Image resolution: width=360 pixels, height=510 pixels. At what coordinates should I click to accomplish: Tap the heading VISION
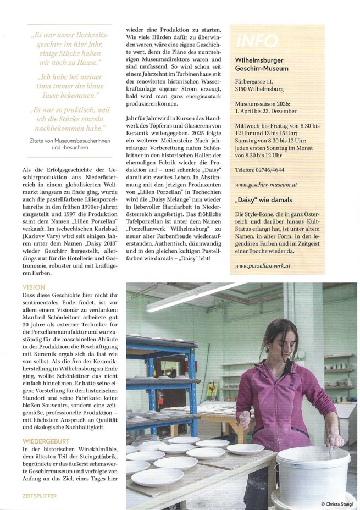pos(34,287)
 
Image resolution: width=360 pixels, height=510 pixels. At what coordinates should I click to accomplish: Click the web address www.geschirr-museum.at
pos(265,186)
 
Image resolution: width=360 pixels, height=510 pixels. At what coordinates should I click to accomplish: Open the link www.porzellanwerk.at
pos(262,266)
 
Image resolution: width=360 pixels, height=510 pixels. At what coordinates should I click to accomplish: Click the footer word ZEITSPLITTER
pos(40,495)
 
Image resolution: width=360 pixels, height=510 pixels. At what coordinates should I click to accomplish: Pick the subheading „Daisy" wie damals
pos(264,199)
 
